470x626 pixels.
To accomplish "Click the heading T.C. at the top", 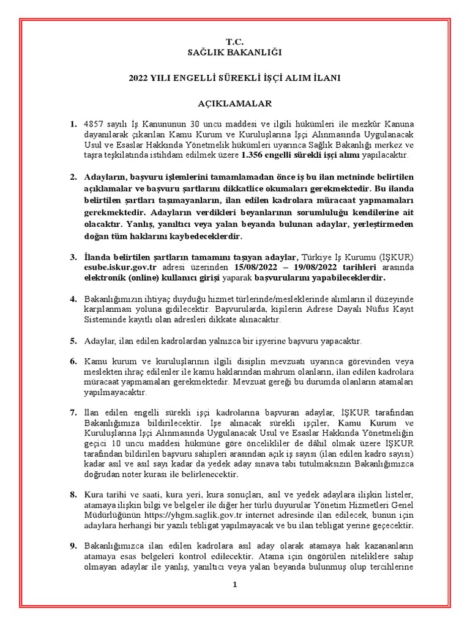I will [234, 42].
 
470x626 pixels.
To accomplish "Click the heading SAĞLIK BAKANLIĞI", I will [234, 53].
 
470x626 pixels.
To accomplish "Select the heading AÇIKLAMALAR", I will [234, 104].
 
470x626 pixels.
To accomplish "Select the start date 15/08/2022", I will [256, 268].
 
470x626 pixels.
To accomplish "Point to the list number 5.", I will [73, 341].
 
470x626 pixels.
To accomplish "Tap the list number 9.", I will [73, 546].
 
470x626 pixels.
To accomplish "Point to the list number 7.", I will [73, 413].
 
